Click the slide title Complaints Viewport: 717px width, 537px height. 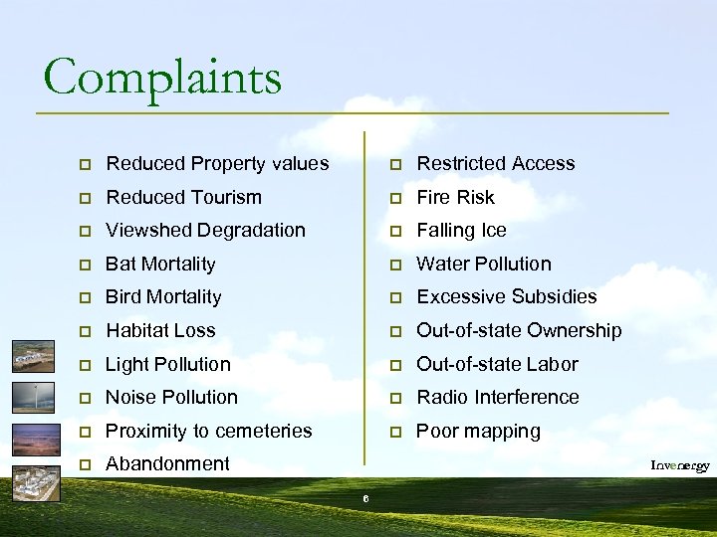(162, 77)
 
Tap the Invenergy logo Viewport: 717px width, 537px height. (680, 465)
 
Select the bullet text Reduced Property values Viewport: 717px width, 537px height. (217, 163)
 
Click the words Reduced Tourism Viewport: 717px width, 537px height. (183, 197)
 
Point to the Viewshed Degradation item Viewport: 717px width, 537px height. (205, 230)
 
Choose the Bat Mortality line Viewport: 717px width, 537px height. (160, 264)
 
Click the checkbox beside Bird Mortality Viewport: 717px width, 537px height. (88, 297)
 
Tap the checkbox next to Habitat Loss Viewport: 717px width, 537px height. (88, 331)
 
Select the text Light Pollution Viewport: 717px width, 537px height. (167, 364)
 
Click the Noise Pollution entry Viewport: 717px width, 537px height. (171, 397)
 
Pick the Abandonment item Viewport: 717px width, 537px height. (167, 463)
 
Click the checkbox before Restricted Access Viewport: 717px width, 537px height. (395, 164)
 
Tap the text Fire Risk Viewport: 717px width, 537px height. (455, 197)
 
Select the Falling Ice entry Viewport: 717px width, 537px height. (461, 230)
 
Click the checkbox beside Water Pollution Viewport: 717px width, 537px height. (395, 265)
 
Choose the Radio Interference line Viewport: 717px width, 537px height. (497, 397)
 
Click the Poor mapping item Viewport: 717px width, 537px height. (478, 431)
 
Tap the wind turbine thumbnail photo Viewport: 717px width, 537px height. (33, 397)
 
